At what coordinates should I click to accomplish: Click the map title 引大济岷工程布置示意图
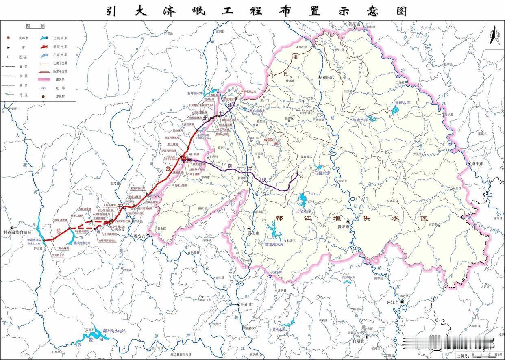(x=257, y=10)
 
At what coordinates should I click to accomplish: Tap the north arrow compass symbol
(x=494, y=35)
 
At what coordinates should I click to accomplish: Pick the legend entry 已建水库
(x=60, y=38)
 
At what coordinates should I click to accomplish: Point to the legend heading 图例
(x=35, y=26)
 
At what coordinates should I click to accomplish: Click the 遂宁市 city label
(x=478, y=164)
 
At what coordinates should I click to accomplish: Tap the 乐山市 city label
(x=247, y=304)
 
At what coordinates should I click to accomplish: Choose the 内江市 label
(x=393, y=302)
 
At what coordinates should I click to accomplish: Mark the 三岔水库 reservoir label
(x=303, y=211)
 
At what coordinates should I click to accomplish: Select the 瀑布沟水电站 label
(x=114, y=331)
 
